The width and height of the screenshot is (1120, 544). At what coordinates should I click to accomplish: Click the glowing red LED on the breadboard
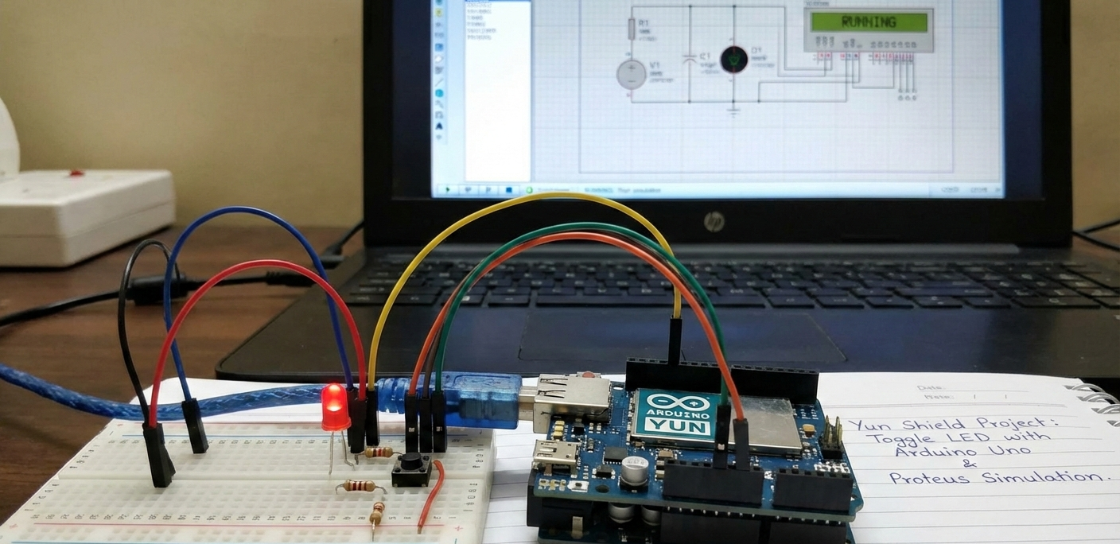(335, 407)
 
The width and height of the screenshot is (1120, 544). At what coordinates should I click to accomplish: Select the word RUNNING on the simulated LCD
(868, 22)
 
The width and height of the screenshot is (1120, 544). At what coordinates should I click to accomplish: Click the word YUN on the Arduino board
(666, 427)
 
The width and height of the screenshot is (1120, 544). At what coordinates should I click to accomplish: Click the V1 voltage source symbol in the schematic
(632, 74)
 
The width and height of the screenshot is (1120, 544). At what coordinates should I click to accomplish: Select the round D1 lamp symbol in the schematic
(733, 60)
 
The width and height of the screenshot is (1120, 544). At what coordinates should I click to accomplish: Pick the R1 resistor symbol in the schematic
(632, 29)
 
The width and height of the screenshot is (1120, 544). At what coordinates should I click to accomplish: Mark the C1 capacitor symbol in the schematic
(690, 60)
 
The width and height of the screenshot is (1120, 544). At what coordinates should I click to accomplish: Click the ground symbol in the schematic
(733, 108)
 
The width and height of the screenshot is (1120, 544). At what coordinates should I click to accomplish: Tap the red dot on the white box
(76, 172)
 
